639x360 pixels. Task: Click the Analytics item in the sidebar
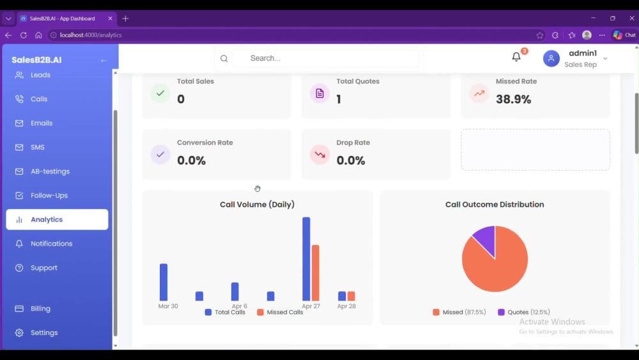(57, 219)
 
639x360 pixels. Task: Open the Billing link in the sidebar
(40, 309)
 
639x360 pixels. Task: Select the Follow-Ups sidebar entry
(49, 195)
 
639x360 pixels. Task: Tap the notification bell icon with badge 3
(517, 57)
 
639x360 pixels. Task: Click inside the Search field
(325, 58)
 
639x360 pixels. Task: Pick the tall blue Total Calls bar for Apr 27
(306, 259)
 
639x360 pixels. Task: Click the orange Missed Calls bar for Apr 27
(316, 273)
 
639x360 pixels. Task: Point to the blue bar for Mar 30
(164, 282)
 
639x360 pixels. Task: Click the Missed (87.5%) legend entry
(459, 312)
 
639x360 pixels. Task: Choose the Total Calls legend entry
(225, 312)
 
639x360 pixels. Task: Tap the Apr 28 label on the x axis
(346, 306)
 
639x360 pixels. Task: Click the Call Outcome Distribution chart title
(495, 204)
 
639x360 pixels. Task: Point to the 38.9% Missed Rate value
(514, 99)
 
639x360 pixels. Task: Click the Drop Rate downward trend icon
(320, 155)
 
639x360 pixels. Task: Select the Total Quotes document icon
(320, 93)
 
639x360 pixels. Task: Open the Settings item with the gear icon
(36, 333)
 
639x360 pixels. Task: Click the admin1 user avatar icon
(551, 58)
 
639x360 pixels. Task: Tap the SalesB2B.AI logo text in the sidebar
(36, 60)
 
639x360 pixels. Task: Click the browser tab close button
(110, 19)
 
